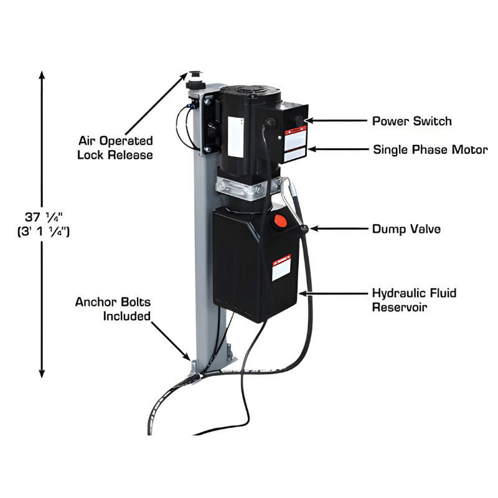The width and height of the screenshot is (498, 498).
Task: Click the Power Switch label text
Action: (411, 121)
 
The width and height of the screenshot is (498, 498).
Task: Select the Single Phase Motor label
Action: (430, 149)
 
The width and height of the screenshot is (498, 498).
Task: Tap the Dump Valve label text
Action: (406, 229)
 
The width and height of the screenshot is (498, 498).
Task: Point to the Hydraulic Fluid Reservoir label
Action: (414, 300)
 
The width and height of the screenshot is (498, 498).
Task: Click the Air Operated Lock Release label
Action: (115, 148)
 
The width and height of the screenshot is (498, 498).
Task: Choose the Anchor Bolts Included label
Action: (113, 309)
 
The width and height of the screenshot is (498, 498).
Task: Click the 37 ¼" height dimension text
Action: (44, 224)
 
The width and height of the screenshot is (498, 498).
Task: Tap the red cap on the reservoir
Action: (280, 220)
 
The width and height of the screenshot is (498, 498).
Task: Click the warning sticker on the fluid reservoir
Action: (281, 267)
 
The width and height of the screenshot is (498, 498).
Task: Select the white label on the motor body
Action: (236, 136)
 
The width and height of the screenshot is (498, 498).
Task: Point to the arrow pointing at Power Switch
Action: (336, 121)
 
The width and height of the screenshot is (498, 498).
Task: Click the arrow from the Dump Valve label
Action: (339, 228)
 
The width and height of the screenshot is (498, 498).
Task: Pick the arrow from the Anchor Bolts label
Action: (171, 341)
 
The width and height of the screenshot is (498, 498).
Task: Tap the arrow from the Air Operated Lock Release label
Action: (156, 103)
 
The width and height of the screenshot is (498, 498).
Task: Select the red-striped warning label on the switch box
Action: (295, 144)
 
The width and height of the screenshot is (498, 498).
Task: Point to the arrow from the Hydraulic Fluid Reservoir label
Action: (333, 293)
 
